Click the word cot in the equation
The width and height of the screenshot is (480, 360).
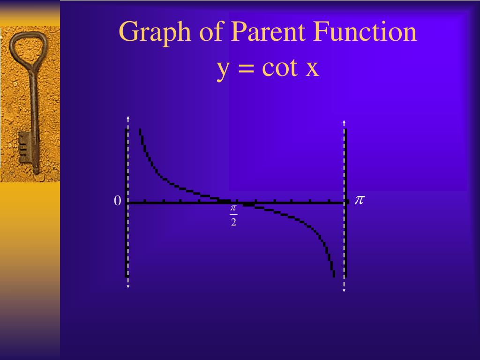[x=279, y=68]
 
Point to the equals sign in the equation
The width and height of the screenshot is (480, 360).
[x=245, y=69]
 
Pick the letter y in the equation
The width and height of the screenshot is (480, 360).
[x=223, y=69]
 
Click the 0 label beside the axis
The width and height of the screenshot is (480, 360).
[x=118, y=201]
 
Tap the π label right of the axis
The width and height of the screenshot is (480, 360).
[x=359, y=200]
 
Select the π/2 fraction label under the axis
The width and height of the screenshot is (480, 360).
[x=233, y=215]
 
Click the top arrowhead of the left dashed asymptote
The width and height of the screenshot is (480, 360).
[x=127, y=118]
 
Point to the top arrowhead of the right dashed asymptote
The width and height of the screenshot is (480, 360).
[x=344, y=122]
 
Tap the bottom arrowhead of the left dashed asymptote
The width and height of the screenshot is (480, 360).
[x=127, y=286]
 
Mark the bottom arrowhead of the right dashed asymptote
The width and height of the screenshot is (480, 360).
[x=344, y=290]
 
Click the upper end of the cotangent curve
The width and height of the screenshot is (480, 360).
[x=140, y=130]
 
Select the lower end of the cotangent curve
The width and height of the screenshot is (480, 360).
[x=333, y=275]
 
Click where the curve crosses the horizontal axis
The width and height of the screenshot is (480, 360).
[x=236, y=202]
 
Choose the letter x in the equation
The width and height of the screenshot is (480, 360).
[x=312, y=69]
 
